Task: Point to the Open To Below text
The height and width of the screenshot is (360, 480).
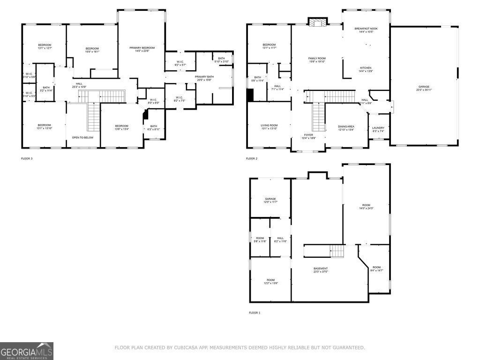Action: (x=82, y=137)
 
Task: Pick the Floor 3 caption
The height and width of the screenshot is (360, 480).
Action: (x=27, y=158)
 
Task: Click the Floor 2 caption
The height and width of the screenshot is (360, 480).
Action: (x=252, y=158)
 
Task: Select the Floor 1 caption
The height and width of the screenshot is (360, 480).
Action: (x=255, y=313)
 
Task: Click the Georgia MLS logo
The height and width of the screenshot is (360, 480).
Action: (x=27, y=351)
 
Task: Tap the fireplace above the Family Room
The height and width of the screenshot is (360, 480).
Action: (x=316, y=22)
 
